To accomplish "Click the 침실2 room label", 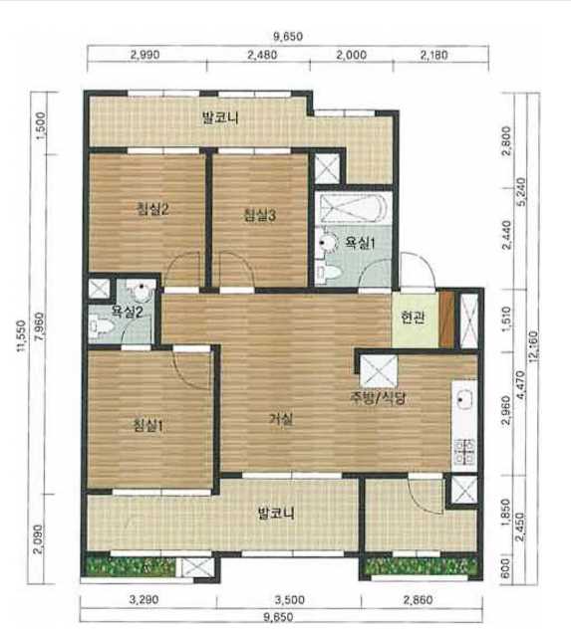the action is coord(152,209).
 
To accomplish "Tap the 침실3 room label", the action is coord(259,215).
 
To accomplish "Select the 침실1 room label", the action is coord(148,426).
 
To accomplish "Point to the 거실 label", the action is coord(281,419).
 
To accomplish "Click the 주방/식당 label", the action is coord(378,398).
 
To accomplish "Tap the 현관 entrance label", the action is coord(413,318).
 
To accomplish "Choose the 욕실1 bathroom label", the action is coord(360,243).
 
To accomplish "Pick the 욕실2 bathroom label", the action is coord(128,313).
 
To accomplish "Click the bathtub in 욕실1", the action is coord(353,207).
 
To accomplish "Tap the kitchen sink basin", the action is coord(464,399).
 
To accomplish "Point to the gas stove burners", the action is coord(464,452).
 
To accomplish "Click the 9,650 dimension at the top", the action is coord(288,37).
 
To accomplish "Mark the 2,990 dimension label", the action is coord(144,55).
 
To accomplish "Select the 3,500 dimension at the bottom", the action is coord(290,600).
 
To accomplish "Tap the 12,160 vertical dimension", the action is coord(534,344).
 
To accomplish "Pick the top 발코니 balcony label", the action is coord(220,118).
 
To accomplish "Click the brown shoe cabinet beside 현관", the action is coord(447,319).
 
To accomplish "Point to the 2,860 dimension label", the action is coord(419,600).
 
